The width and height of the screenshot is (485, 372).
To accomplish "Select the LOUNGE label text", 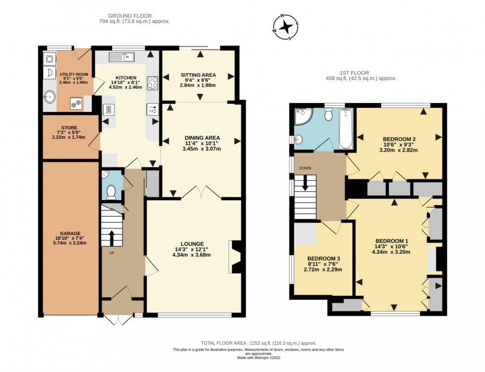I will pos(192,244).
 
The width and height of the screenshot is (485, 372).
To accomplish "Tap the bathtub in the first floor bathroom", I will pos(345,129).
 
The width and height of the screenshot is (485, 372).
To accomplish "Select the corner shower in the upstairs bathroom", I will pos(303,116).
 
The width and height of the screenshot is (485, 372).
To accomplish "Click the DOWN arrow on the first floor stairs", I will pos(305,183).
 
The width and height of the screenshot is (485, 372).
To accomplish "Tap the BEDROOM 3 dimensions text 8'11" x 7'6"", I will pos(324,264).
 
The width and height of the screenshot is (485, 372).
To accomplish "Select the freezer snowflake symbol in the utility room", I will pos(76,104).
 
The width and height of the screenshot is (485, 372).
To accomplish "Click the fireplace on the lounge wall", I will pos(236,257).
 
